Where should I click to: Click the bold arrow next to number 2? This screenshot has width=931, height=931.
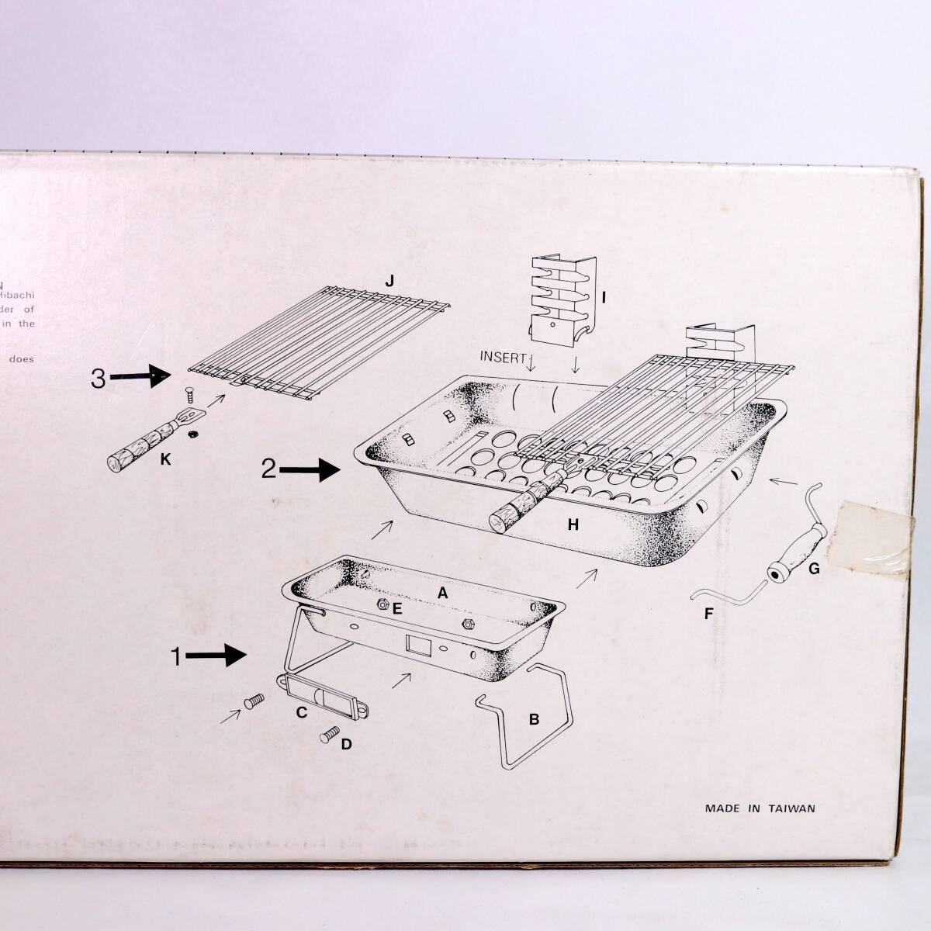coord(310,469)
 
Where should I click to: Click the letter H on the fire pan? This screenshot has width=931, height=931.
coord(573,525)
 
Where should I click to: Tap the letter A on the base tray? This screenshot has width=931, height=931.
coord(442,593)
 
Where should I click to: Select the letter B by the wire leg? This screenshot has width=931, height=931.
coord(534,719)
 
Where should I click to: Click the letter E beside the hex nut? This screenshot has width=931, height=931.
coord(396,609)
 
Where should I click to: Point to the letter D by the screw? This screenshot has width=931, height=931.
coord(346,744)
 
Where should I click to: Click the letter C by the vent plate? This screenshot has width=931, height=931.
coord(303,711)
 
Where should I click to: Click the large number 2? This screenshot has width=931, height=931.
coord(268,469)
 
